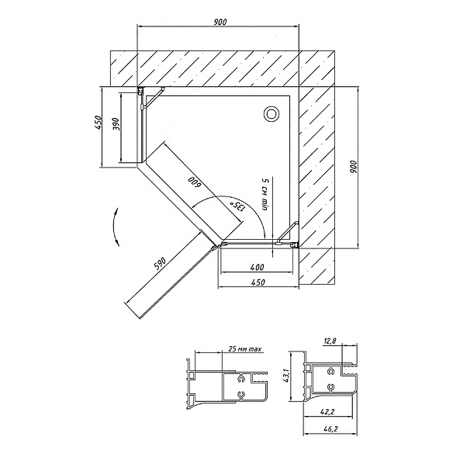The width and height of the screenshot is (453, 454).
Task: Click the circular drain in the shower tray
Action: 271,114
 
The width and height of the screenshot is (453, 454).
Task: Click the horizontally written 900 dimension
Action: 220,22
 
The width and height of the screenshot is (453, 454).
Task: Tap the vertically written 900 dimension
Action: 354,167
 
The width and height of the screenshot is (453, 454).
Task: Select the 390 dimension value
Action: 116,124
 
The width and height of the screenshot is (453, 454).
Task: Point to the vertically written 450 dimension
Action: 99,123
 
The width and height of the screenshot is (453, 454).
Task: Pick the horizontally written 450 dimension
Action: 258,282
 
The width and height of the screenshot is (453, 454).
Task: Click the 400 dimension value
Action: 257,267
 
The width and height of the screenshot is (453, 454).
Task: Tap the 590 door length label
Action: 160,263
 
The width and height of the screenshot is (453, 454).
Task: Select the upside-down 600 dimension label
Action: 194,182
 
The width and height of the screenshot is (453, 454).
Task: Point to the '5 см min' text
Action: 265,195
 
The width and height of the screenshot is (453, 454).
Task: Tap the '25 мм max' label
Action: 245,349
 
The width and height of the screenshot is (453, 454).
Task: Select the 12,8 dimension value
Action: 330,341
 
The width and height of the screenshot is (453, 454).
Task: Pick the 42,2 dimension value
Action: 328,411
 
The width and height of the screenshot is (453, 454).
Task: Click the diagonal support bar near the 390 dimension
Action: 153,98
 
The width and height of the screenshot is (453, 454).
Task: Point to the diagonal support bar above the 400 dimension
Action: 288,233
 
